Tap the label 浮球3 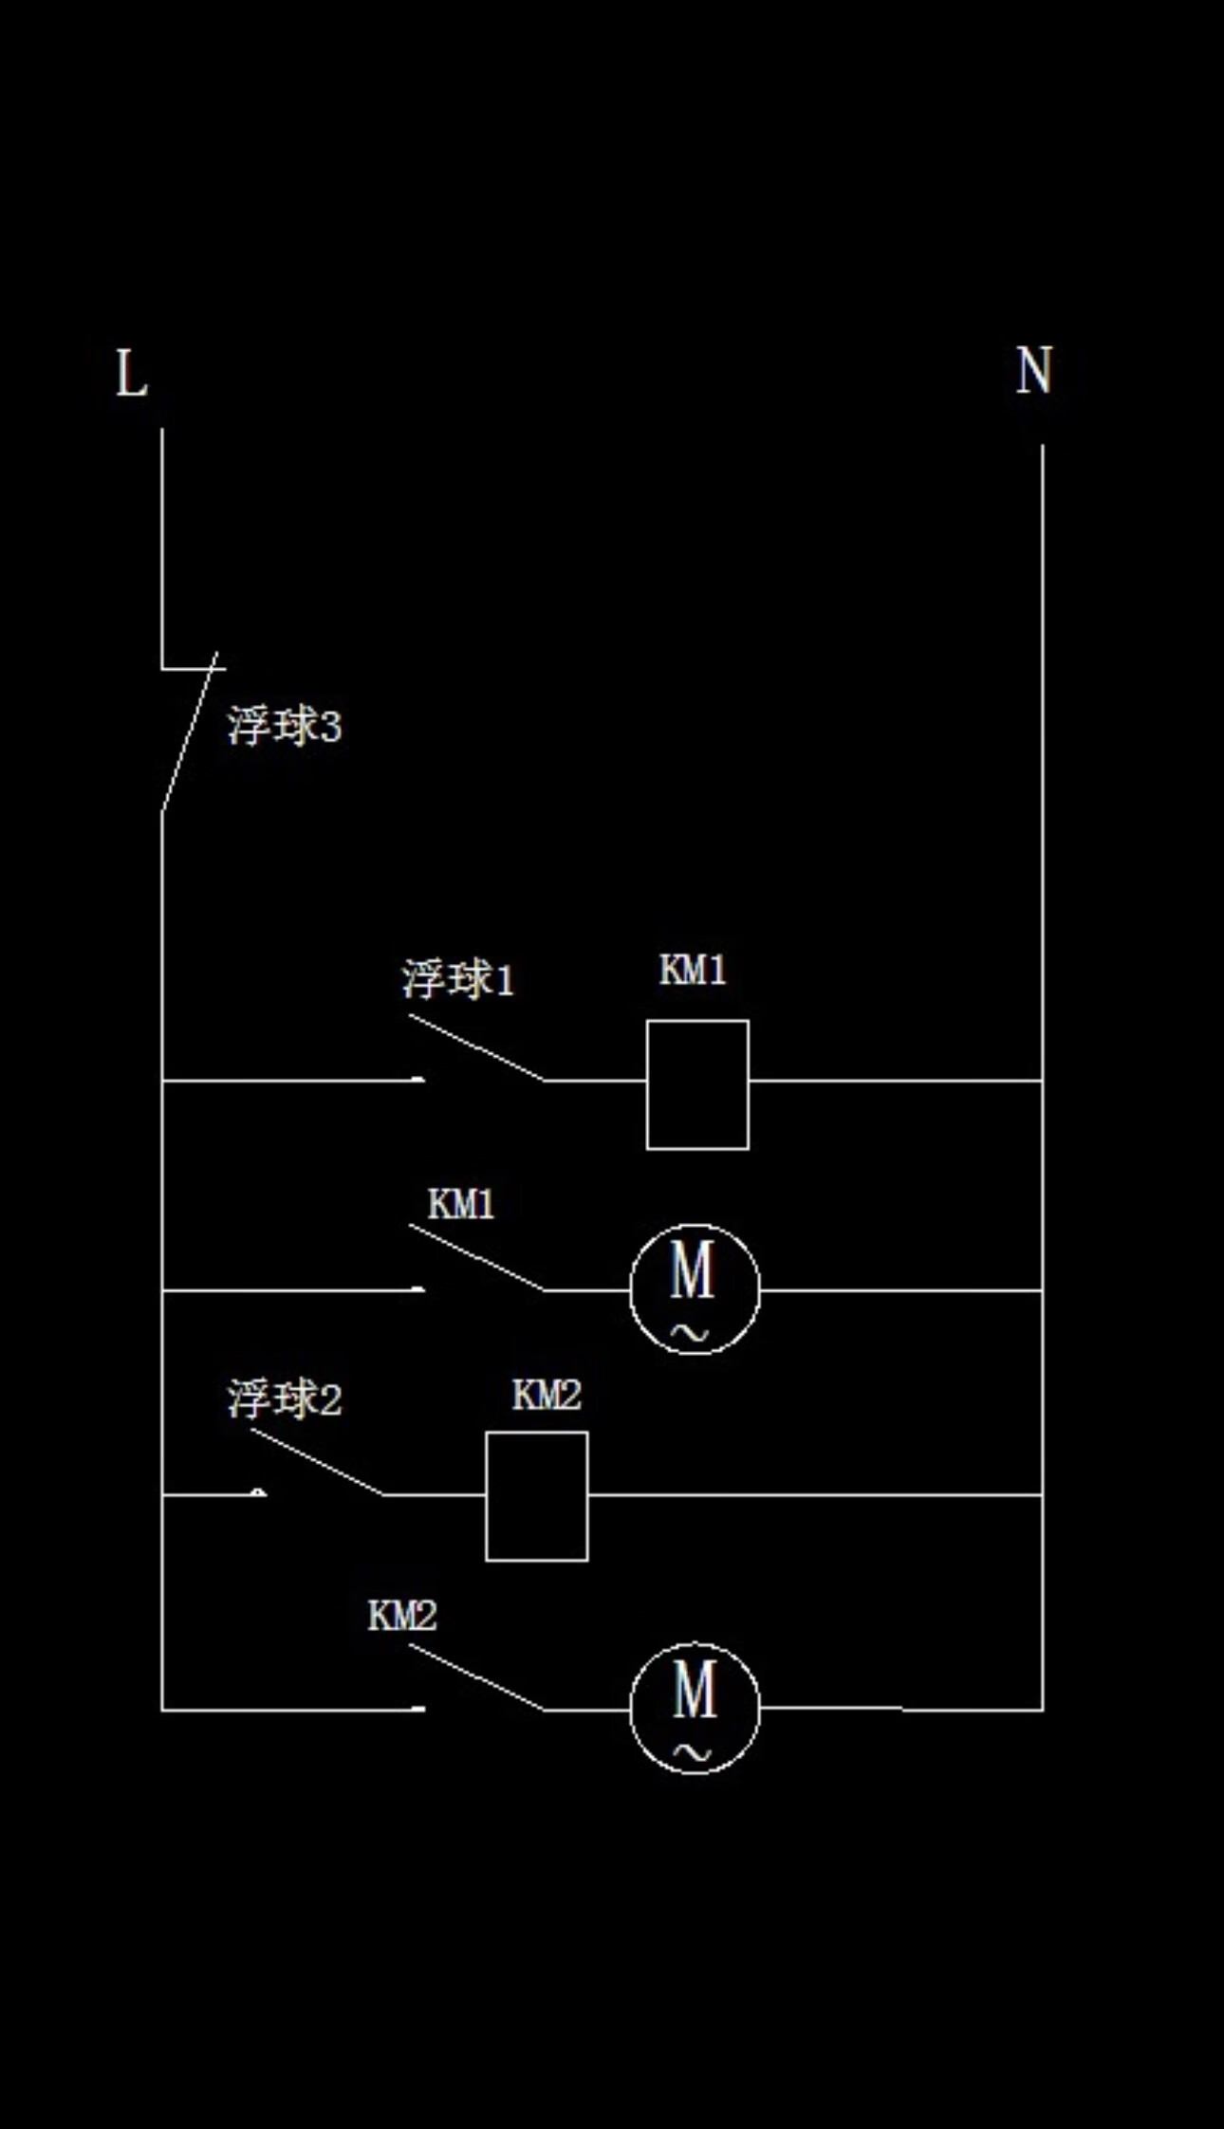(284, 728)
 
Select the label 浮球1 (457, 980)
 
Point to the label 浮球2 (284, 1399)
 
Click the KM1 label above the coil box (693, 971)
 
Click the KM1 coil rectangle (697, 1084)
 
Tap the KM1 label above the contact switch (461, 1205)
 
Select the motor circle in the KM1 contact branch (695, 1289)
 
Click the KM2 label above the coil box (547, 1395)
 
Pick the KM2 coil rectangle (536, 1496)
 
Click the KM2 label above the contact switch (402, 1616)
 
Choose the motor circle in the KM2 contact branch (695, 1709)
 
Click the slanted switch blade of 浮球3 (190, 732)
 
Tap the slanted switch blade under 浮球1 (476, 1047)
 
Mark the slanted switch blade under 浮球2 (318, 1462)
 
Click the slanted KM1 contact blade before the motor (476, 1257)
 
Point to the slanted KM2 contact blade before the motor (476, 1677)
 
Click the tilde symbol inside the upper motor (690, 1334)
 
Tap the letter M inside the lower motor (695, 1690)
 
